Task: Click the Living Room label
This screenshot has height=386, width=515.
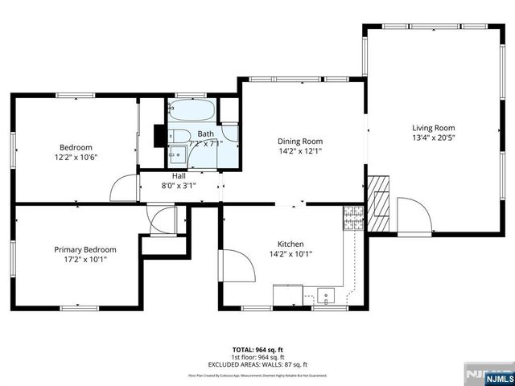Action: coord(434,128)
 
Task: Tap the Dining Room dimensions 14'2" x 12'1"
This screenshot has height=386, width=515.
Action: coord(300,151)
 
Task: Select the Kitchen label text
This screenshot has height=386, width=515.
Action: coord(290,244)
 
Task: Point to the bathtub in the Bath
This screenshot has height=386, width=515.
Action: coord(193,110)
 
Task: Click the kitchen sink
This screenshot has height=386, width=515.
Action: coord(326,294)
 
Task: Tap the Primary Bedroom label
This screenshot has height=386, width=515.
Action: coord(85,249)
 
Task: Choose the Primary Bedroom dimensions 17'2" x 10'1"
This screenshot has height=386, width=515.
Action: coord(85,260)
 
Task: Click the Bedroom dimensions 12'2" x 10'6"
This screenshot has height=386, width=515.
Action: coord(76,158)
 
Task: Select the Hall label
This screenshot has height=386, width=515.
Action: coord(179,175)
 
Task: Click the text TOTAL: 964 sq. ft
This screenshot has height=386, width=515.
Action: coord(257,350)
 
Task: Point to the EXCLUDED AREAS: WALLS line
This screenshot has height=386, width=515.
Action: coord(257,364)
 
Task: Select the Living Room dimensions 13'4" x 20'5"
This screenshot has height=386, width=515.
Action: coord(434,138)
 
